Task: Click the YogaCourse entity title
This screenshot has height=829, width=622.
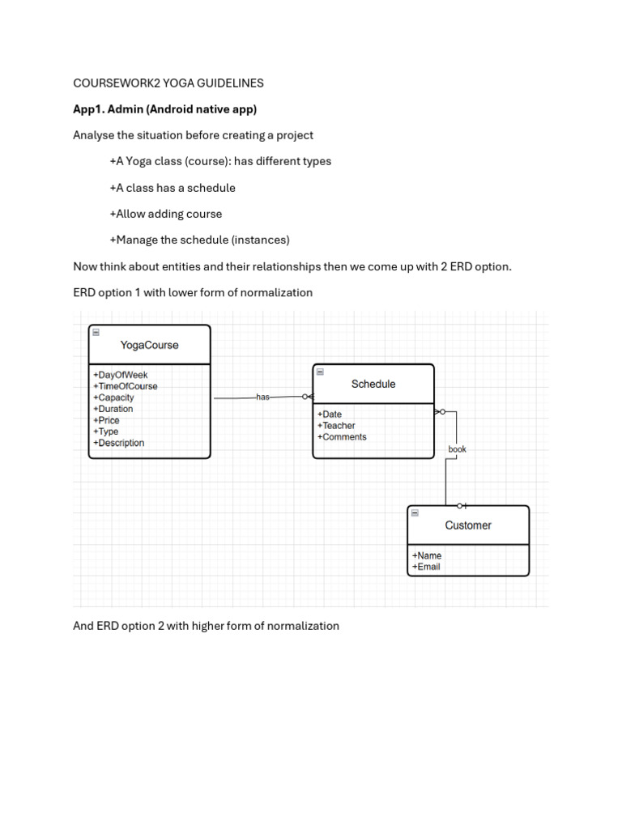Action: coord(149,345)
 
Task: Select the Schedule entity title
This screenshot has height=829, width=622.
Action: coord(373,384)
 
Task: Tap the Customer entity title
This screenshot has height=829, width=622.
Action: coord(468,525)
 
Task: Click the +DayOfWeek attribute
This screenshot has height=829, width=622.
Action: coord(121,375)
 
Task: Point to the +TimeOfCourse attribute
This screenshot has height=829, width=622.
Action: coord(126,386)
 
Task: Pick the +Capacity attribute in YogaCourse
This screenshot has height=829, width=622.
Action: coord(113,397)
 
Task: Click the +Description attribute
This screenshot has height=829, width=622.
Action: coord(119,443)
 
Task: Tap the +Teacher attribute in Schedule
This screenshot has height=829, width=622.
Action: coord(336,426)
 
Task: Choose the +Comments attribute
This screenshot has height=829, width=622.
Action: coord(342,437)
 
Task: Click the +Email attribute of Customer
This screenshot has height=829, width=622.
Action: coord(426,567)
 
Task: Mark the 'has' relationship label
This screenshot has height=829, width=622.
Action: coord(262,397)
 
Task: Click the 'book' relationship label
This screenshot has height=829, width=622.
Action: coord(457,449)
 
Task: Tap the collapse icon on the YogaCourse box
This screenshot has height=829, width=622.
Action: coord(96,332)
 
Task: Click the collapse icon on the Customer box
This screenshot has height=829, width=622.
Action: coord(415,512)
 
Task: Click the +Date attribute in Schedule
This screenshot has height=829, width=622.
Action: coord(330,414)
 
